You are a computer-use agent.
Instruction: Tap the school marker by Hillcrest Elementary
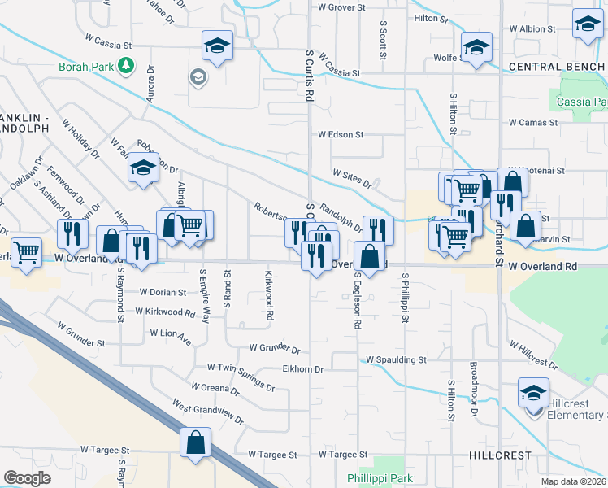(x=532, y=394)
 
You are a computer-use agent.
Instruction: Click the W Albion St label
(x=531, y=28)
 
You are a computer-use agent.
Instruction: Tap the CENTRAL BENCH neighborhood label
(x=557, y=66)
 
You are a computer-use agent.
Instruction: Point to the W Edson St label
(x=341, y=134)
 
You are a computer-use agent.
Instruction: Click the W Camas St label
(x=533, y=123)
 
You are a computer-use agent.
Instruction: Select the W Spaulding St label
(x=396, y=359)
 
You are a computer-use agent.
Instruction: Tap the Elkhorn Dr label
(x=302, y=369)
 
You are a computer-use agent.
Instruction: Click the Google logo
(x=27, y=477)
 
